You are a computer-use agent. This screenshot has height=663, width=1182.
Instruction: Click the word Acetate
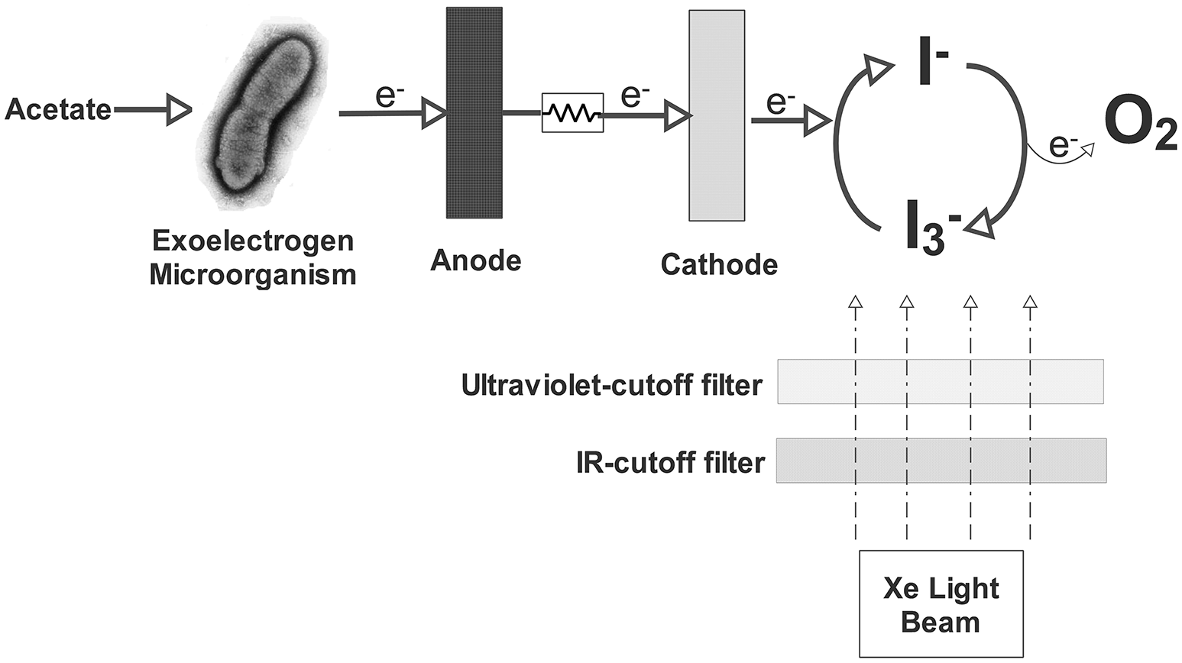pos(58,110)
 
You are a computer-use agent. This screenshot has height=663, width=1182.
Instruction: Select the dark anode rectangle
pos(474,112)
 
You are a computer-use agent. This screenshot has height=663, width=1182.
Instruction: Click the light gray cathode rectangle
pos(717,115)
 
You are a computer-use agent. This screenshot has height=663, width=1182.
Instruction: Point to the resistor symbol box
pos(572,113)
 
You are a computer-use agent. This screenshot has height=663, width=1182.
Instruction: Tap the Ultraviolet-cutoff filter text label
pos(612,385)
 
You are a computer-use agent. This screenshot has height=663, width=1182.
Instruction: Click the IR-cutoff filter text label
pos(670,463)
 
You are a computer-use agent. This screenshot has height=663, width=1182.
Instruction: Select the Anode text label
pos(476,260)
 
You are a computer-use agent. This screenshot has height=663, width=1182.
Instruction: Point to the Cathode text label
pos(719,264)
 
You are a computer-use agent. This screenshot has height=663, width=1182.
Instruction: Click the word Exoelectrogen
pos(253,241)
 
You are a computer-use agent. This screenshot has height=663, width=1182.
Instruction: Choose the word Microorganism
pos(253,274)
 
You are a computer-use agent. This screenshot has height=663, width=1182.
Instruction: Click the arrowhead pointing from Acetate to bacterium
pos(179,110)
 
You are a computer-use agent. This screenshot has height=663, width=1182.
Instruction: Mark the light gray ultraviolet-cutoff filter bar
pos(940,381)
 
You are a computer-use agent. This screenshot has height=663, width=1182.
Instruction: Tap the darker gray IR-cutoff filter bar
pos(941,461)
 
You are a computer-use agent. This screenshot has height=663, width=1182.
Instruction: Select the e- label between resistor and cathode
pos(635,96)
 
